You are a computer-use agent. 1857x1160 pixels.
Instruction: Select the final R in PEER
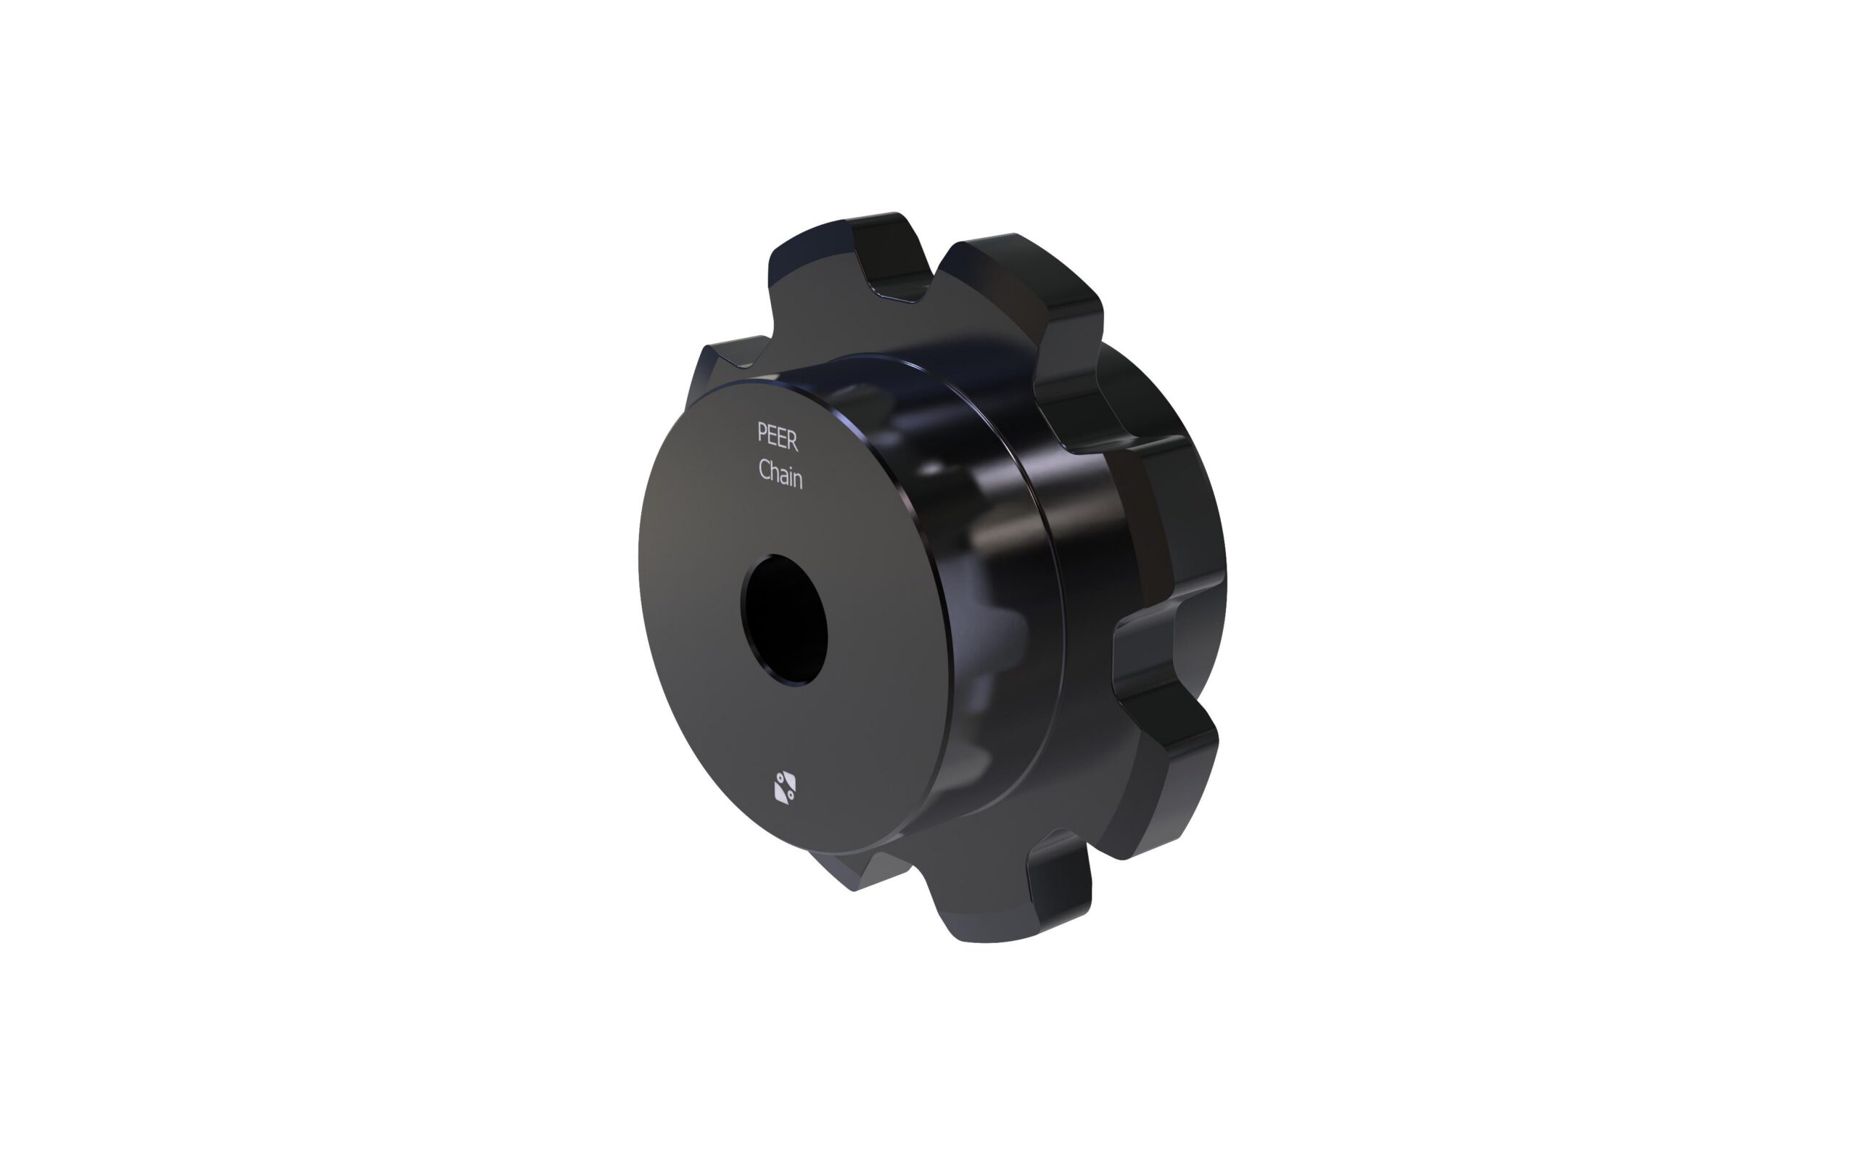[x=792, y=440]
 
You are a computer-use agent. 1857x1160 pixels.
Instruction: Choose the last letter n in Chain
[x=799, y=480]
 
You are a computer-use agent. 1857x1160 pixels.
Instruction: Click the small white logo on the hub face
[x=785, y=788]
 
